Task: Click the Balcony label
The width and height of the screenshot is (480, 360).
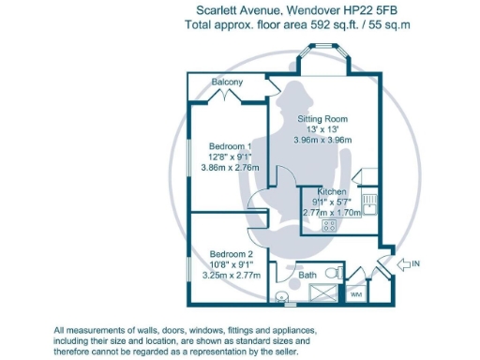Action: [227, 82]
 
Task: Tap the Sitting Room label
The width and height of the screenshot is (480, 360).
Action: [322, 119]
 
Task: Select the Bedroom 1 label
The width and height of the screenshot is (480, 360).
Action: [230, 147]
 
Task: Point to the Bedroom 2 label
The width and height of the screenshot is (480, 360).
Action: [231, 254]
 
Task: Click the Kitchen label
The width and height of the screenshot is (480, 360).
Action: [333, 191]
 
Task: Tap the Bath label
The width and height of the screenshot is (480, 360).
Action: [306, 276]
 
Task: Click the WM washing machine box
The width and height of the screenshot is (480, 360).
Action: [355, 294]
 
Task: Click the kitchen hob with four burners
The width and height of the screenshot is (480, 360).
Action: [329, 225]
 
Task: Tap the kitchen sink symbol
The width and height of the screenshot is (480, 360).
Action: [369, 201]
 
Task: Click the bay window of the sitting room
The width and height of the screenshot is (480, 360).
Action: [322, 61]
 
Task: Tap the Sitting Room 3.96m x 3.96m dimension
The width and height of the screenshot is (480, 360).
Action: [322, 140]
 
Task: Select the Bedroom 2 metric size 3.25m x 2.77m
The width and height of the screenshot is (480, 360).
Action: [231, 276]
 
